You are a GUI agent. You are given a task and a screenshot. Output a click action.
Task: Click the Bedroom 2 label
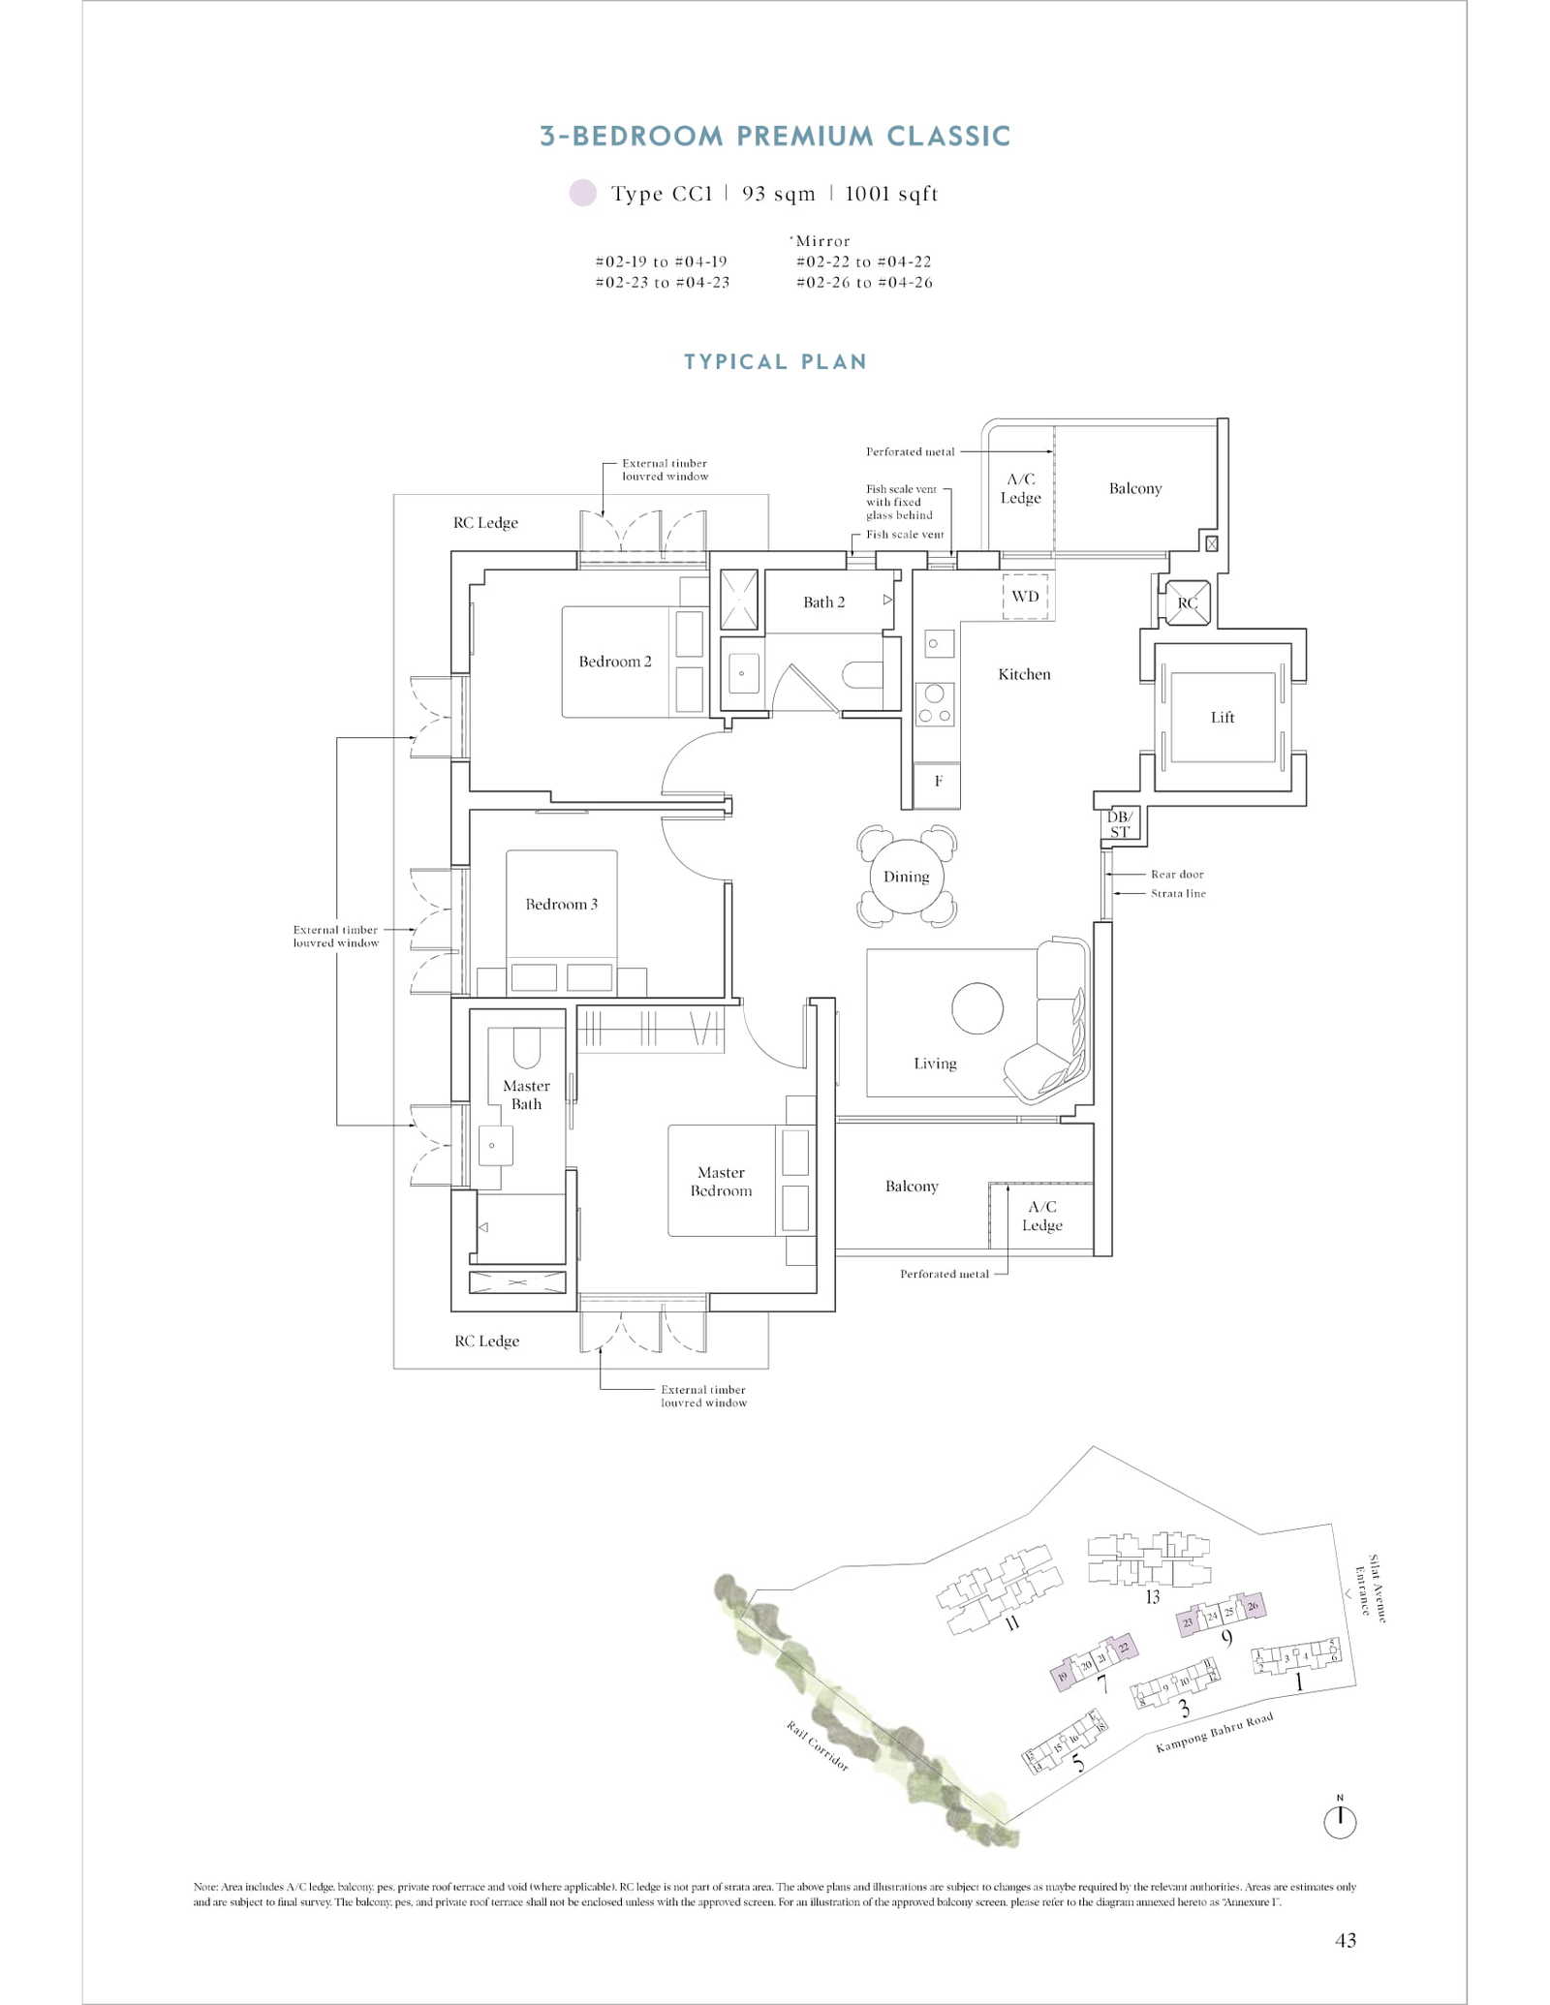tap(614, 662)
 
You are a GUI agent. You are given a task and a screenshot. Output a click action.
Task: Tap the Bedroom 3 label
tap(561, 904)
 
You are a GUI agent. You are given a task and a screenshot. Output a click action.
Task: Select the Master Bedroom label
tap(721, 1181)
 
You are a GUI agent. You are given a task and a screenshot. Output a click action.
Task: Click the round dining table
tap(906, 877)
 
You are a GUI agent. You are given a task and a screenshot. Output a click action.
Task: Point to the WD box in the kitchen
tap(1025, 596)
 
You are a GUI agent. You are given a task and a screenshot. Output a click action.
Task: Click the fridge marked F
tap(938, 781)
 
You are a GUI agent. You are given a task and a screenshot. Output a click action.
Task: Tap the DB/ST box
tap(1120, 823)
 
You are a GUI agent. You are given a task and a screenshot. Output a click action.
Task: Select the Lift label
tap(1222, 717)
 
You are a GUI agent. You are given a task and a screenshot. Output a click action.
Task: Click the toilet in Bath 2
tap(861, 674)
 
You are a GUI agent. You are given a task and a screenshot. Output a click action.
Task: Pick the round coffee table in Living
tap(976, 1008)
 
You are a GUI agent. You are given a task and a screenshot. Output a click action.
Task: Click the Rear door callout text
tap(1176, 874)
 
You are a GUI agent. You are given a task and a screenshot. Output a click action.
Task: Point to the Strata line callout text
tap(1178, 893)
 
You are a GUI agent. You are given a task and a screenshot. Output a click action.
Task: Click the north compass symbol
tap(1340, 1821)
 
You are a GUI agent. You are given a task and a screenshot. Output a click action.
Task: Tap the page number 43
tap(1345, 1939)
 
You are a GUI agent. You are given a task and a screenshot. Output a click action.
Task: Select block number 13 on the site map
tap(1152, 1596)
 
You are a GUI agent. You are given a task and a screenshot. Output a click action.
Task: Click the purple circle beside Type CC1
tap(582, 193)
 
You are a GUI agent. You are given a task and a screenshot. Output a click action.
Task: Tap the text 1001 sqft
tap(891, 194)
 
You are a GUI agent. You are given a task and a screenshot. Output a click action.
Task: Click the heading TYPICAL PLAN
tap(775, 362)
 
